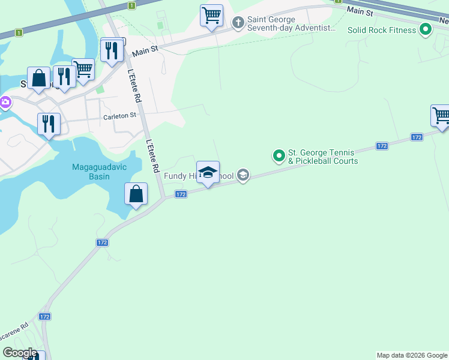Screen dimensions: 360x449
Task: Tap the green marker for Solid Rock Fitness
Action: point(426,29)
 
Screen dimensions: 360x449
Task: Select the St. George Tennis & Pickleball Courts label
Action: point(322,157)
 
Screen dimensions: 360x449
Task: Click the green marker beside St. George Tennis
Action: point(279,156)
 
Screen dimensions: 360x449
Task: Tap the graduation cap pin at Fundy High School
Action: point(208,173)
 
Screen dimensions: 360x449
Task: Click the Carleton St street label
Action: point(120,116)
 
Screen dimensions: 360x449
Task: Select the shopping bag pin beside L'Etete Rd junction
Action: point(136,194)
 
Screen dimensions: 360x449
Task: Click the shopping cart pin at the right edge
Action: point(441,115)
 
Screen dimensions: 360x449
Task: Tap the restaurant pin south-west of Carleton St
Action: point(49,124)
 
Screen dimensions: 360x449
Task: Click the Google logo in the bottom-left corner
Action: point(19,353)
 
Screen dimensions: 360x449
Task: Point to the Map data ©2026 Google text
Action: point(412,355)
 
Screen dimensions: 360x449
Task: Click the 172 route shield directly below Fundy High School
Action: point(181,194)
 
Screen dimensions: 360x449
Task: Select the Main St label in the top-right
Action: point(360,11)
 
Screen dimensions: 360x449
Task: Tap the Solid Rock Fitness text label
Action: point(382,30)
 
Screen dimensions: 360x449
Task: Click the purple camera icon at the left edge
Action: point(4,103)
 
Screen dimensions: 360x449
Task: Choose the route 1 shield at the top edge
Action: point(131,5)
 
